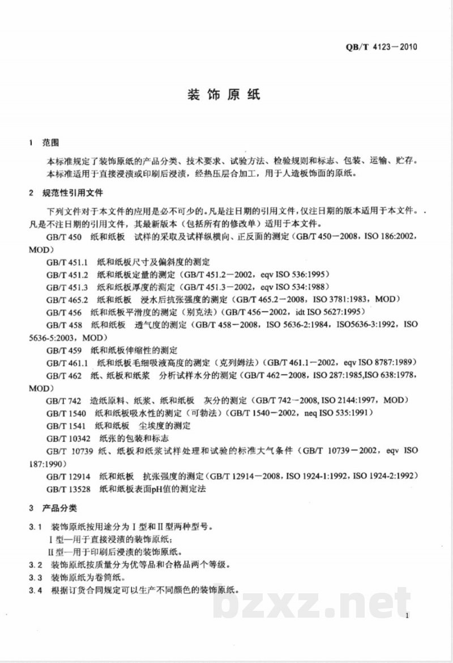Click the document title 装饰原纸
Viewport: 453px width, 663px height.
[223, 95]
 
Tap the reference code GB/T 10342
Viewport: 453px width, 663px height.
[67, 439]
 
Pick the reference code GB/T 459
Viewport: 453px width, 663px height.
[62, 350]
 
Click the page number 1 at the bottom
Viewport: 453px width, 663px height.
[407, 617]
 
